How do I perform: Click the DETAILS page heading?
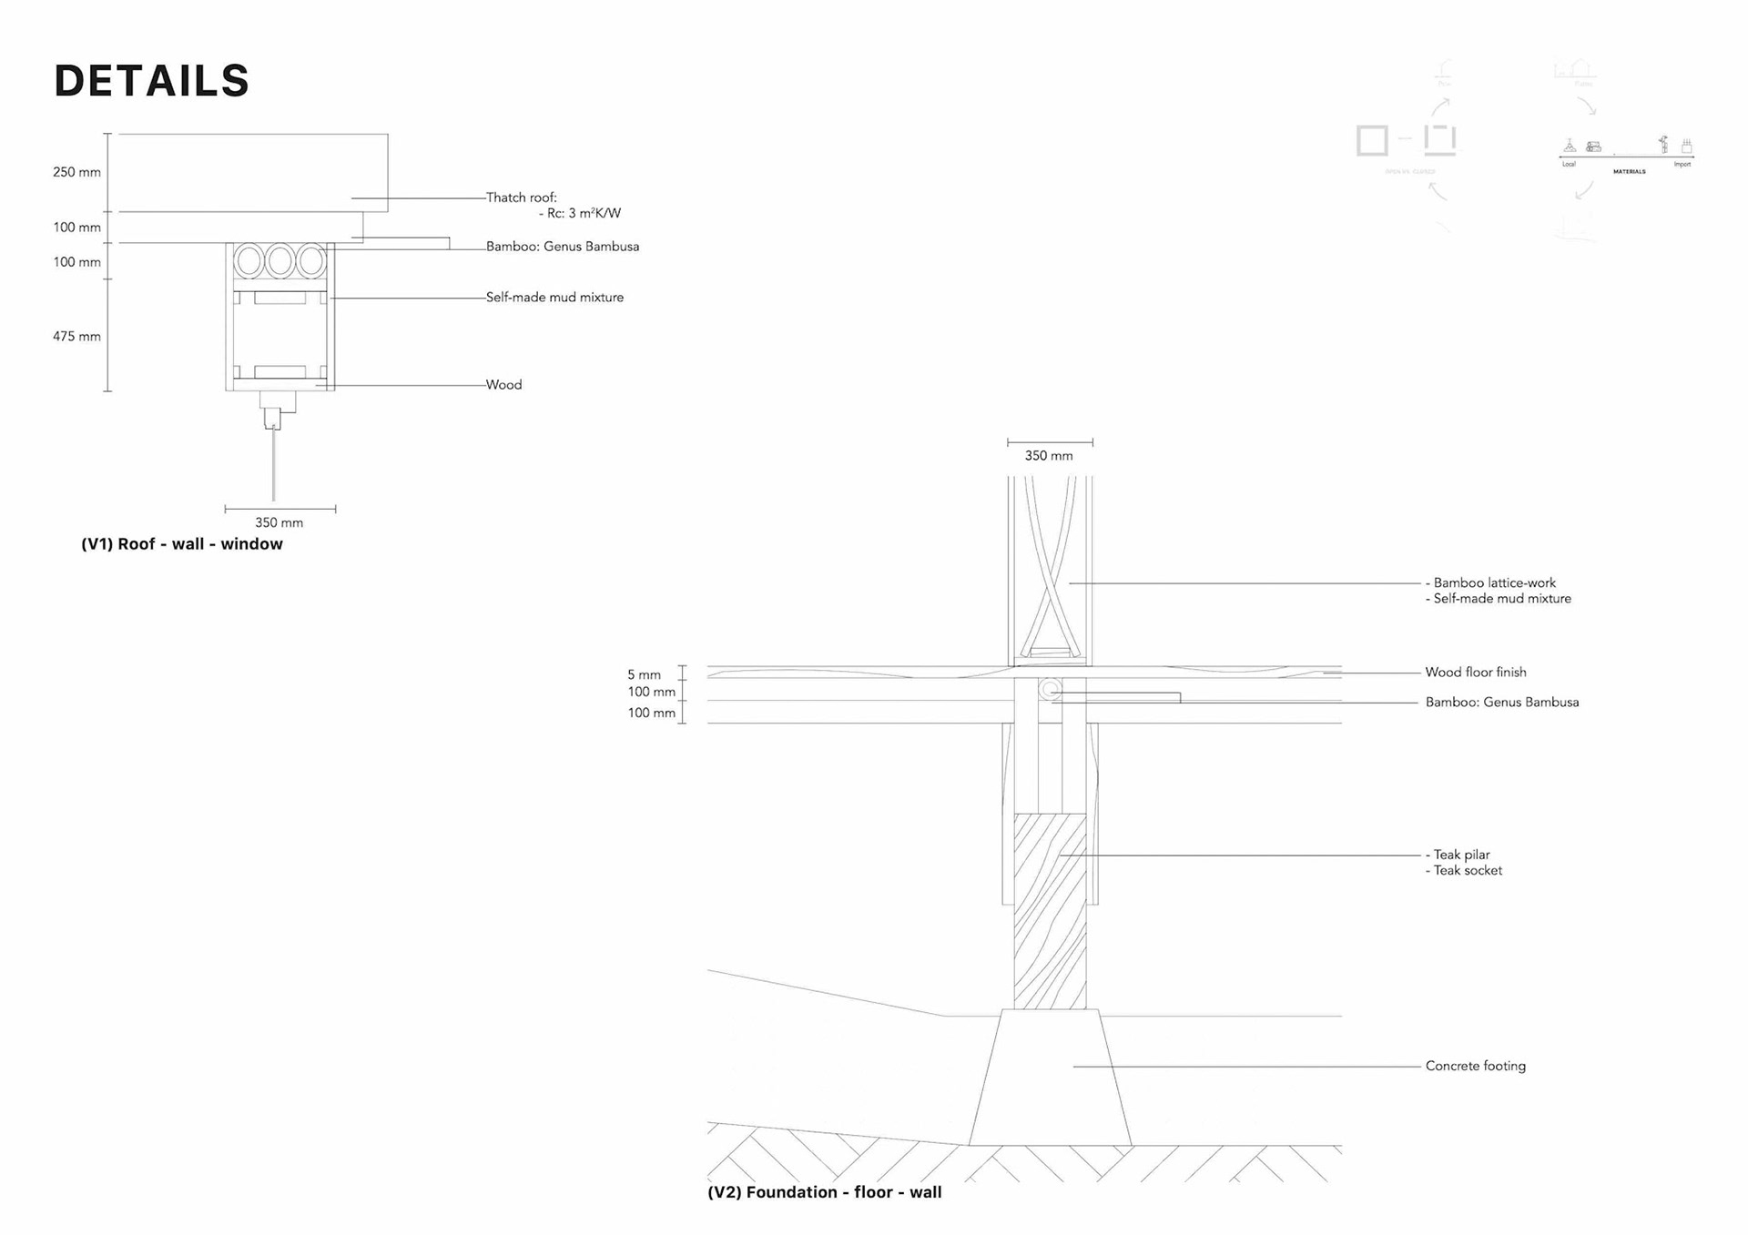[151, 81]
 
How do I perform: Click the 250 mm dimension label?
[76, 173]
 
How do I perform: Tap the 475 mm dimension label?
[76, 337]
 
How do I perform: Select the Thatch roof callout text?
[521, 197]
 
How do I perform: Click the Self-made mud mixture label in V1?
[554, 298]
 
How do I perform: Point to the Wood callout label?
[503, 385]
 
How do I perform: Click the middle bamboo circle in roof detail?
[280, 262]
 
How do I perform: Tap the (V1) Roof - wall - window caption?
[182, 544]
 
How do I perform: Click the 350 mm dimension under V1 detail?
[279, 523]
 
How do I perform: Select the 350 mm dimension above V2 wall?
[1049, 456]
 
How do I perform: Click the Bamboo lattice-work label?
[1494, 583]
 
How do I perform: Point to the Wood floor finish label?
[1475, 673]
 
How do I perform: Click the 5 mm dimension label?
[644, 675]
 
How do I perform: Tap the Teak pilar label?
[1461, 855]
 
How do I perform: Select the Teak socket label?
[1468, 871]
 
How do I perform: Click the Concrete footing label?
[1475, 1067]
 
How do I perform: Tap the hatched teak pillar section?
[1050, 910]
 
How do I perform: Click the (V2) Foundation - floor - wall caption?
[824, 1192]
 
